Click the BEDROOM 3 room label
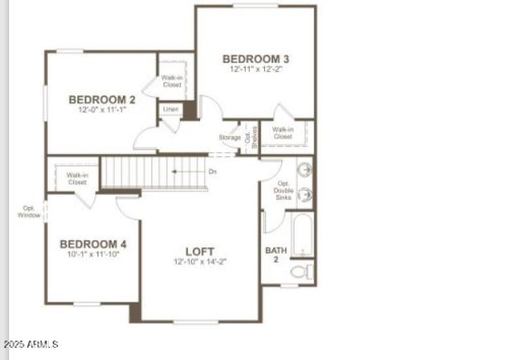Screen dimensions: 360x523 pyautogui.click(x=256, y=59)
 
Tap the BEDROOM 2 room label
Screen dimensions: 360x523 pyautogui.click(x=102, y=100)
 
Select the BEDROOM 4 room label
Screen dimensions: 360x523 pyautogui.click(x=93, y=244)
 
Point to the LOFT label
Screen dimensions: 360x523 pyautogui.click(x=199, y=252)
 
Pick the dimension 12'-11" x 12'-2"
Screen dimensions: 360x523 pyautogui.click(x=256, y=69)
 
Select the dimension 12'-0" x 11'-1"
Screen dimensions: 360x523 pyautogui.click(x=102, y=110)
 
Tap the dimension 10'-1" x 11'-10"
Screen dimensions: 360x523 pyautogui.click(x=93, y=254)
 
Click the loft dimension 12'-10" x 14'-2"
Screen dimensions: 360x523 pyautogui.click(x=200, y=261)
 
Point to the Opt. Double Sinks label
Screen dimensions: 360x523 pyautogui.click(x=283, y=190)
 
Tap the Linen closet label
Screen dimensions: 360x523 pyautogui.click(x=171, y=109)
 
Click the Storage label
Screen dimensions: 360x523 pyautogui.click(x=229, y=137)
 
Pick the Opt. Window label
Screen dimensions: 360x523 pyautogui.click(x=29, y=212)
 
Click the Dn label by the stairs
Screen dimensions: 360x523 pyautogui.click(x=212, y=172)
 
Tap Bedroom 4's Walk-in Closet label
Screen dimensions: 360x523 pyautogui.click(x=76, y=178)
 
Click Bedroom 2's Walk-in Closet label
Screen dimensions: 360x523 pyautogui.click(x=173, y=81)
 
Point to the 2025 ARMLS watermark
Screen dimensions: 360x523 pyautogui.click(x=31, y=344)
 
